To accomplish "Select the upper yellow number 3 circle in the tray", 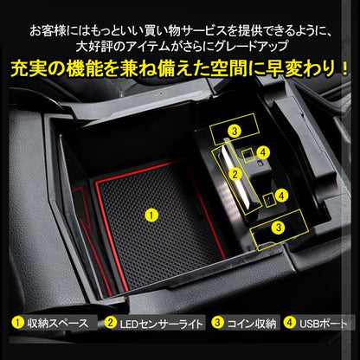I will coord(234,132).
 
